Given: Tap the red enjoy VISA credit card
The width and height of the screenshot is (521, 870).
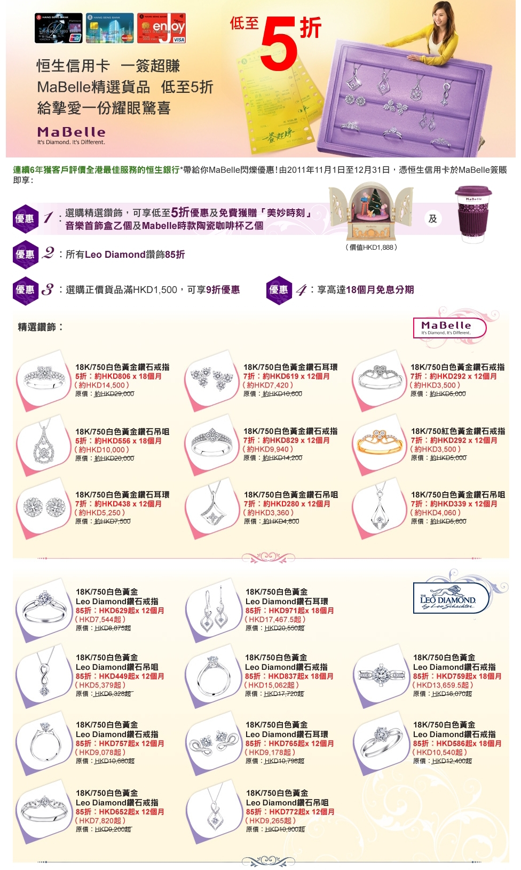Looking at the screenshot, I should tap(161, 28).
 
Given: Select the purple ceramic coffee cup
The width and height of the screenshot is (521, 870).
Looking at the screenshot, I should tap(473, 214).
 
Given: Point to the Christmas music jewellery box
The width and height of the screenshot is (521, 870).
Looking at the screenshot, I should tap(371, 211).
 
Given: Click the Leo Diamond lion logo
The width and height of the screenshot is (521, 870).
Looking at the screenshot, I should tap(452, 597).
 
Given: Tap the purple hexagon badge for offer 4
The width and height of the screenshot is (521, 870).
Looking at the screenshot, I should tap(279, 290).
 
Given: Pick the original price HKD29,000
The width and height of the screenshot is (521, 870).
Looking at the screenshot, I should tap(114, 394).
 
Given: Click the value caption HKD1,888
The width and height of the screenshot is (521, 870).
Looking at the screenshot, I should tap(371, 247).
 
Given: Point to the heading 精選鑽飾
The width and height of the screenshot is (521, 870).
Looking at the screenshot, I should tap(41, 327).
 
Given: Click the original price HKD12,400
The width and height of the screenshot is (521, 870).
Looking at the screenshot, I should tap(452, 761).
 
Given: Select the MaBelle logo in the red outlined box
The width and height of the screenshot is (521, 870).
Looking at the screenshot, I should tap(449, 328).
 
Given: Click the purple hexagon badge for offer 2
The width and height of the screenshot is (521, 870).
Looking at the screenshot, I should tap(25, 255).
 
